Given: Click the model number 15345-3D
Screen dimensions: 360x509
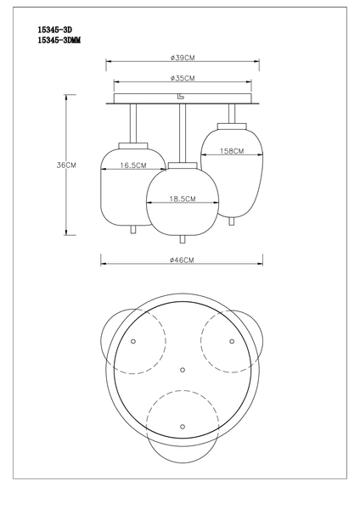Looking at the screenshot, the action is tap(54, 30).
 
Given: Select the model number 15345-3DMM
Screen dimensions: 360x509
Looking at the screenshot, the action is tap(59, 40).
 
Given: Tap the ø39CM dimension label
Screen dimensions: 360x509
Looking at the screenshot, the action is tap(183, 58).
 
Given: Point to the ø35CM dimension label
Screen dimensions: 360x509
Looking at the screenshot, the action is tap(183, 78).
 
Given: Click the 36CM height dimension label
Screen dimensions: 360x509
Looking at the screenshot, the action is tap(66, 165).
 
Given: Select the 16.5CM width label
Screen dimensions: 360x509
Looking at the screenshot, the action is tap(133, 165).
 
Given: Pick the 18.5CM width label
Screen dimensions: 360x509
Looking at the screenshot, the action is tap(183, 199).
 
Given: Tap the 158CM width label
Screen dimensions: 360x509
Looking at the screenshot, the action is tap(232, 151).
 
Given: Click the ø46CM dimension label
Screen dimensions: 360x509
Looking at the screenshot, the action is tap(182, 260).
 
